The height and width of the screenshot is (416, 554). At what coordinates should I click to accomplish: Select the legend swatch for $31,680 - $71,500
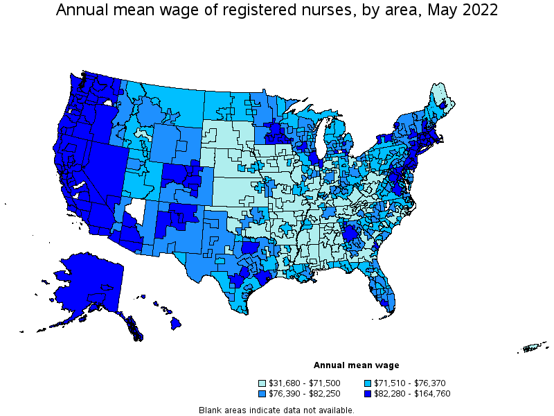pyautogui.click(x=262, y=383)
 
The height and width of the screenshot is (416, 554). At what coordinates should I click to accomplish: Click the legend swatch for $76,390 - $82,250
pyautogui.click(x=262, y=393)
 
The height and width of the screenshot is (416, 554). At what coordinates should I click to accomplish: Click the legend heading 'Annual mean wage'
pyautogui.click(x=356, y=365)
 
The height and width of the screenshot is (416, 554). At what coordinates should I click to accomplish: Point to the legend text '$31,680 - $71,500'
pyautogui.click(x=303, y=383)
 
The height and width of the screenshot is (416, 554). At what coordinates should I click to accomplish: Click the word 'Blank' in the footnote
pyautogui.click(x=211, y=410)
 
